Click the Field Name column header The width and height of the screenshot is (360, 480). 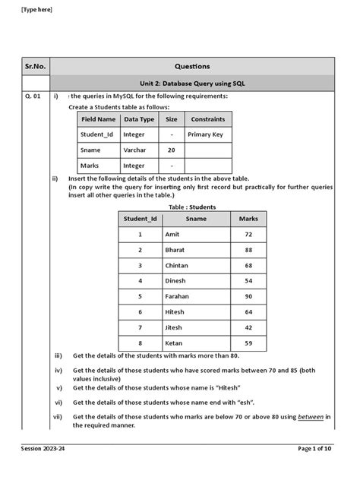(x=99, y=119)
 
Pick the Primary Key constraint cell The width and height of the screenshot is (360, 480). (x=208, y=134)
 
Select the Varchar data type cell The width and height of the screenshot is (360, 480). (x=136, y=150)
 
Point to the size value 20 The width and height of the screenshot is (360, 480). (x=171, y=150)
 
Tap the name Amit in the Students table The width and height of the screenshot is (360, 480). (x=172, y=235)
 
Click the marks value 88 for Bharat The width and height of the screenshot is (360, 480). (x=248, y=250)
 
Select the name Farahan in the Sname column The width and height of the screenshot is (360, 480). (x=176, y=296)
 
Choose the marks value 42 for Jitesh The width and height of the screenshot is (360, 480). (x=248, y=327)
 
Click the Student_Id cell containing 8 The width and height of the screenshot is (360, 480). (x=140, y=343)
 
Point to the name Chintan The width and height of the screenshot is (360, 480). (x=176, y=266)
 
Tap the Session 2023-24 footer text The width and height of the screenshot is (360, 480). (x=45, y=471)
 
